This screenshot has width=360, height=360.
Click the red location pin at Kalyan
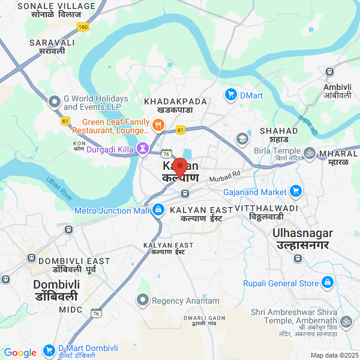180,166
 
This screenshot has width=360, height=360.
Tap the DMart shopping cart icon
230,94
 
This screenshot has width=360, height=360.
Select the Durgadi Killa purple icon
143,148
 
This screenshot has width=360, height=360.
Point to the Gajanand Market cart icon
295,191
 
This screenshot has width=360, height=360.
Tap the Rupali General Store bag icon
327,283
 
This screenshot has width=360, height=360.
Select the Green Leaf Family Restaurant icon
158,125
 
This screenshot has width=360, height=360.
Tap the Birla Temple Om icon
310,153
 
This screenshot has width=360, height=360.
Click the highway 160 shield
83,27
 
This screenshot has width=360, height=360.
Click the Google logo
20,353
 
